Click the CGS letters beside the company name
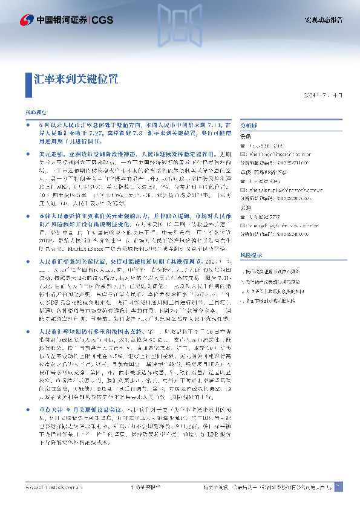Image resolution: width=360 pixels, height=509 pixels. (103, 21)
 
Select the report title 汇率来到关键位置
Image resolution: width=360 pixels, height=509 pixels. (76, 79)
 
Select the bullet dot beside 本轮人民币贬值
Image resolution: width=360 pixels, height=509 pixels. (32, 198)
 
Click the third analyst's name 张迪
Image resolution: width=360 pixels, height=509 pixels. (246, 208)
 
